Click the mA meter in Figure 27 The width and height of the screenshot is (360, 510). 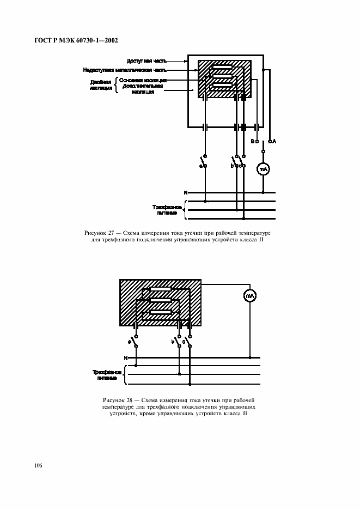[263, 169]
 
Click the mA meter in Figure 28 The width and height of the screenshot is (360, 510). [250, 296]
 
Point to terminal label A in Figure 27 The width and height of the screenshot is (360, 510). [274, 141]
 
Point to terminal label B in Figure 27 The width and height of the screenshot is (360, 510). [252, 141]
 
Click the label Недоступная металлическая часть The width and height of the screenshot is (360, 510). [125, 70]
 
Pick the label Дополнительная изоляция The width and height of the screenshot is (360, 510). [143, 89]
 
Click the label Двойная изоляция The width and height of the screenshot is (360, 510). [100, 84]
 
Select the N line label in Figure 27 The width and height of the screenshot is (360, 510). [185, 192]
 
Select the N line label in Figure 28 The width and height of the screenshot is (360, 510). [125, 358]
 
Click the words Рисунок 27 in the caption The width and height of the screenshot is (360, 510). [99, 233]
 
